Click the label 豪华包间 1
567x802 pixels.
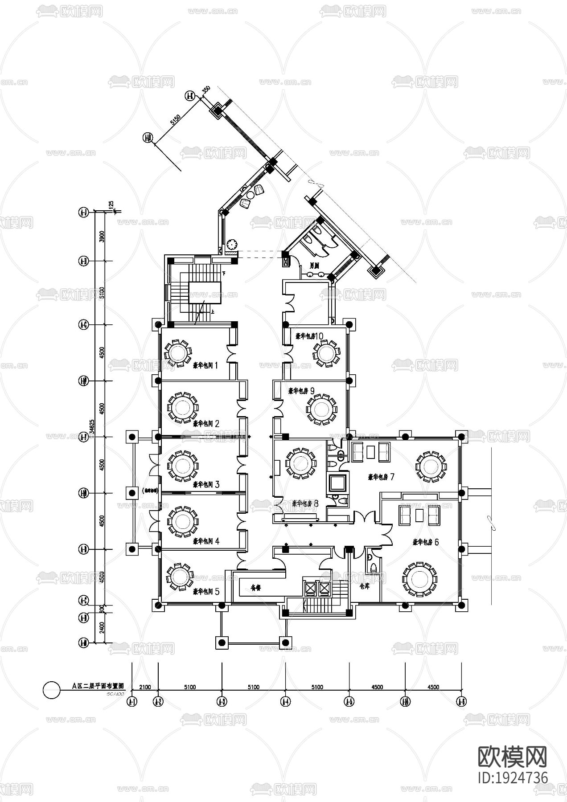click(x=205, y=365)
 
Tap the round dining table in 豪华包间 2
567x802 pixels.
click(x=182, y=407)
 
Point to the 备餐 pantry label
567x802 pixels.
click(x=255, y=588)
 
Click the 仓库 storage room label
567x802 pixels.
click(x=365, y=586)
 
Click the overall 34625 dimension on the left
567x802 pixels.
click(x=92, y=426)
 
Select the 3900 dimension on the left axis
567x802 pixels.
click(x=103, y=237)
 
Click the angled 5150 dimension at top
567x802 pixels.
click(x=175, y=119)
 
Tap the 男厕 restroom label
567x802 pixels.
click(x=315, y=265)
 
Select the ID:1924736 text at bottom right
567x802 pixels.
click(x=512, y=778)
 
